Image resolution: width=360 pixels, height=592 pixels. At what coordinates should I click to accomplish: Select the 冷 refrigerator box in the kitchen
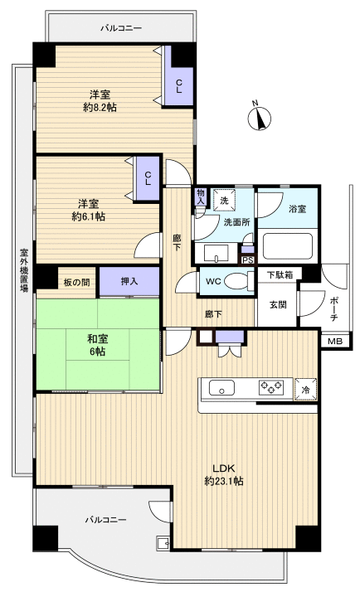pos(306,389)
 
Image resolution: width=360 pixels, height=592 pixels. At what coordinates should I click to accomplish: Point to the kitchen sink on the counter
pos(223,387)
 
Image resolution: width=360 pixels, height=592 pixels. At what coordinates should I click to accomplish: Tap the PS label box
pos(246,259)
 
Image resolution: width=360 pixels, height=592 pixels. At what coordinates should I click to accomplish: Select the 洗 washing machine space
pos(223,201)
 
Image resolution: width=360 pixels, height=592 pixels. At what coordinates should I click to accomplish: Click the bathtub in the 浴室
pos(286,245)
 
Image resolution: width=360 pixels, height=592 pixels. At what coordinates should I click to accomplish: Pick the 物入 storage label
pos(200,197)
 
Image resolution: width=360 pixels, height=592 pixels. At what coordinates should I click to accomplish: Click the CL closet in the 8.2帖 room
pos(179,85)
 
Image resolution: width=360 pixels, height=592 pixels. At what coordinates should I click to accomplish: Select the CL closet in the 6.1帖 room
pos(148,178)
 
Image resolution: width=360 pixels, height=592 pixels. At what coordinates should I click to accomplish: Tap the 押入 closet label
pos(129,281)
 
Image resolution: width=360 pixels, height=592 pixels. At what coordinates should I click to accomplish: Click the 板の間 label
pos(75,282)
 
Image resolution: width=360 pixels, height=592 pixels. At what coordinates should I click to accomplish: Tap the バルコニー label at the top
pos(121,27)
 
